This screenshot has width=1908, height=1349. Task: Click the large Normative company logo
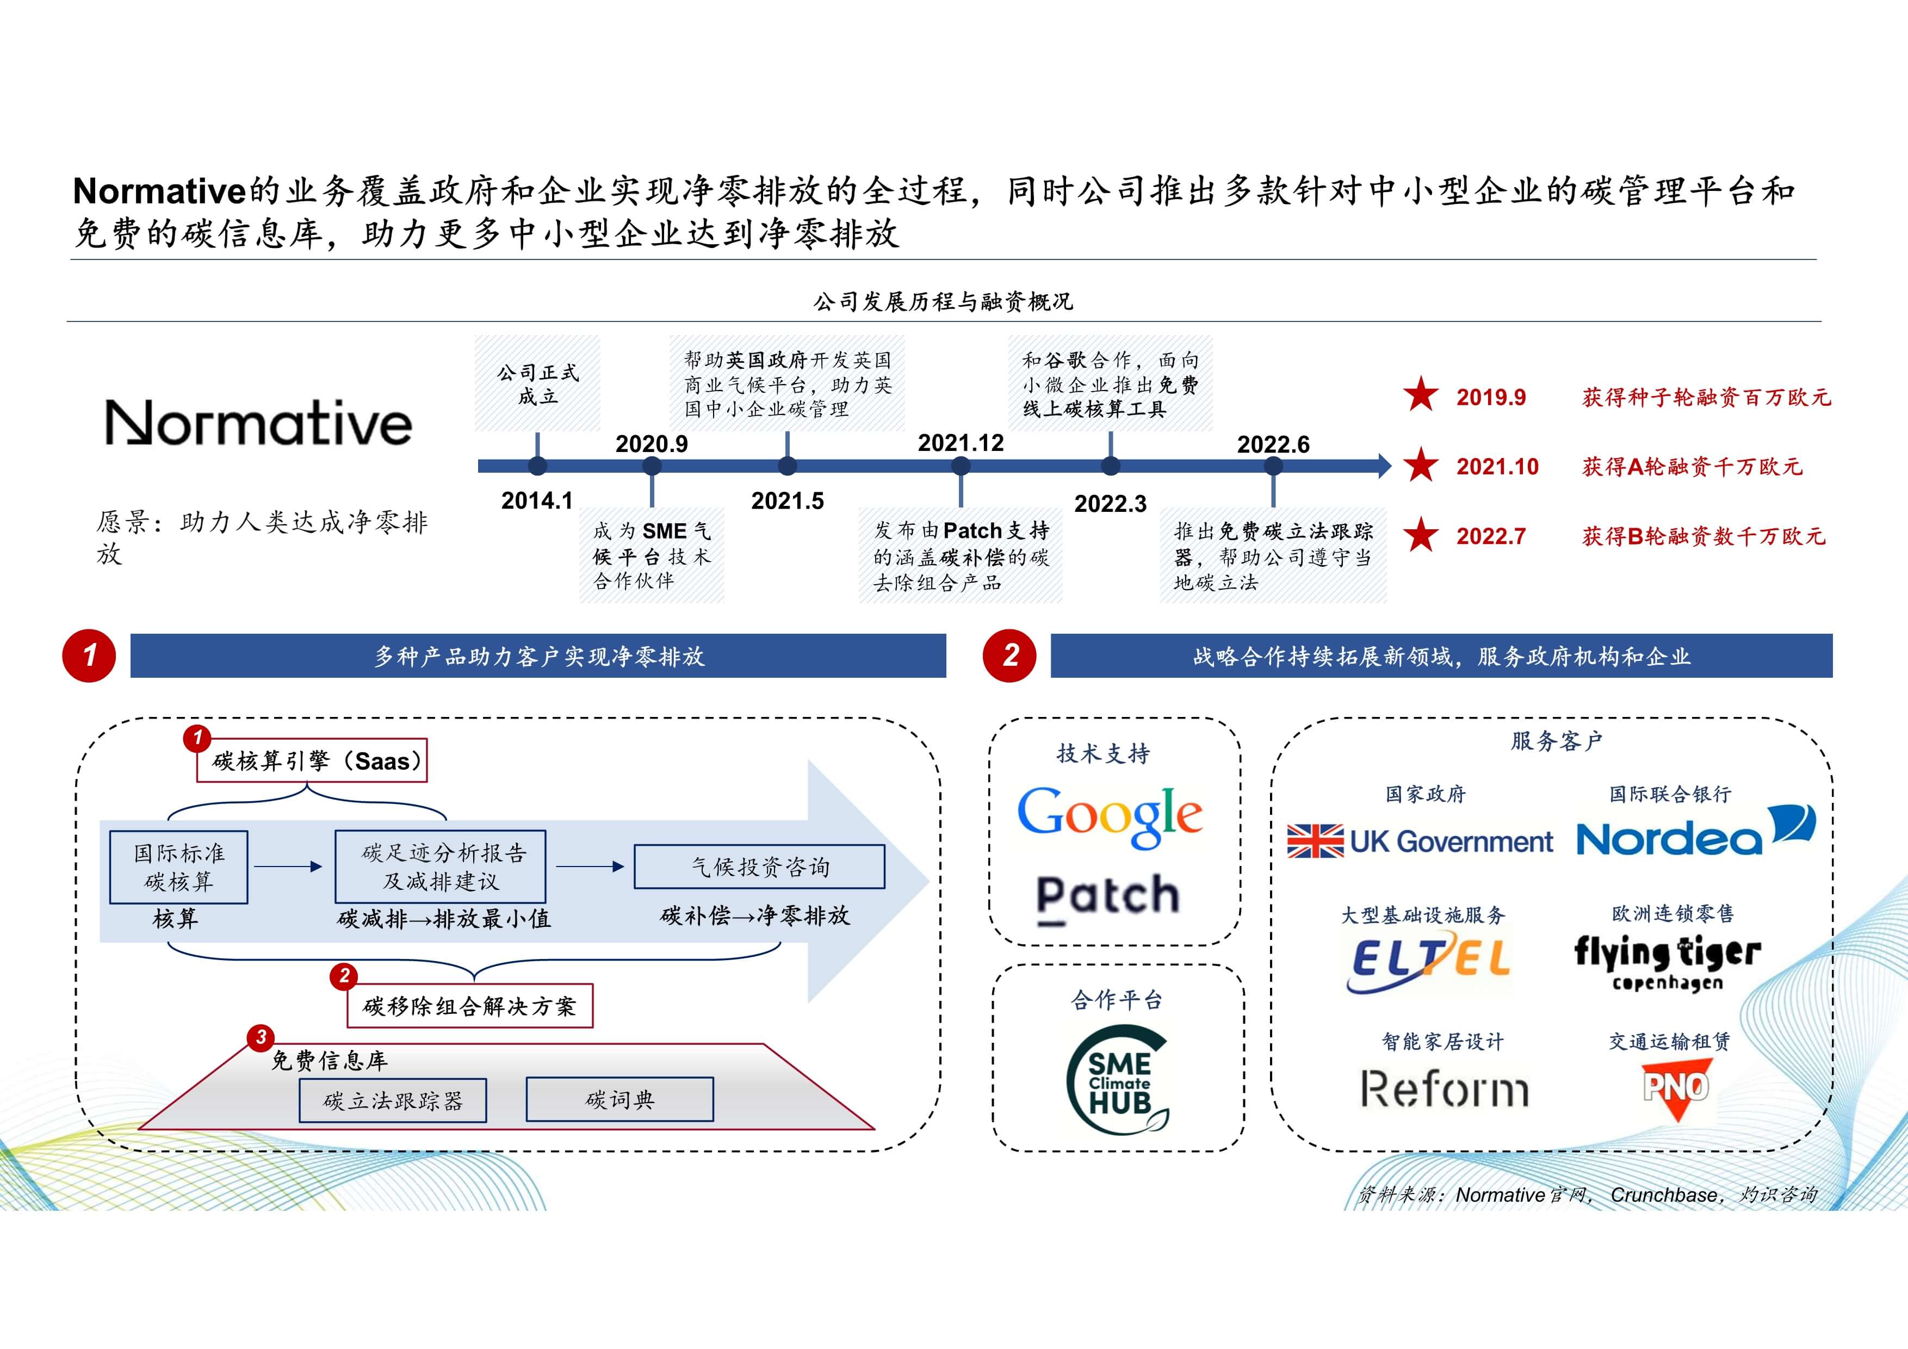[258, 423]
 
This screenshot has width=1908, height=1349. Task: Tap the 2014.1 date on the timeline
[537, 500]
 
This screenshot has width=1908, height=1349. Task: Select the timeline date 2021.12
[961, 443]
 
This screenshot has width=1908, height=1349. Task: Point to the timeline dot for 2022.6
[1273, 466]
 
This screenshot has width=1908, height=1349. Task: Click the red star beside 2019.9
[1421, 395]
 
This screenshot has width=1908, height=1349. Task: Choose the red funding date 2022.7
[1491, 536]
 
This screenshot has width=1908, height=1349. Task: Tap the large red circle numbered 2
[1009, 656]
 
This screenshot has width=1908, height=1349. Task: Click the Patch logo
[1108, 896]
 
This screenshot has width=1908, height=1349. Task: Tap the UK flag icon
[1315, 841]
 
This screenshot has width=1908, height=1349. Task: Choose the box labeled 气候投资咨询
[759, 867]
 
